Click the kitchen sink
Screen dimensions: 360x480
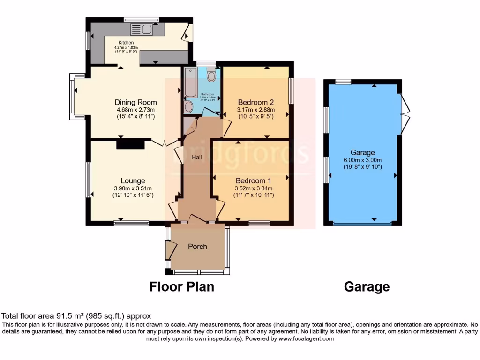coord(141,30)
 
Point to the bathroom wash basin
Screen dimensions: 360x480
coord(188,106)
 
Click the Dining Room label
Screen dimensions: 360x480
coord(135,102)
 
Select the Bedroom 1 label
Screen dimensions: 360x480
coord(253,180)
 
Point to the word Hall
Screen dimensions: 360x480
coord(197,157)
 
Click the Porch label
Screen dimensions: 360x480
coord(197,247)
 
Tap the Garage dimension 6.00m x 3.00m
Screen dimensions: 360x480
coord(362,159)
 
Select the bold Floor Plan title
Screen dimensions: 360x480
coord(182,286)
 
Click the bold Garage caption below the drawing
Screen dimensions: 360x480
coord(367,286)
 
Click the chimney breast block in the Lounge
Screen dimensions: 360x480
coord(130,145)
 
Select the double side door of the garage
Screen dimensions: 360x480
coord(405,112)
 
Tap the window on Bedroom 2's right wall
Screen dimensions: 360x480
coord(291,91)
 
